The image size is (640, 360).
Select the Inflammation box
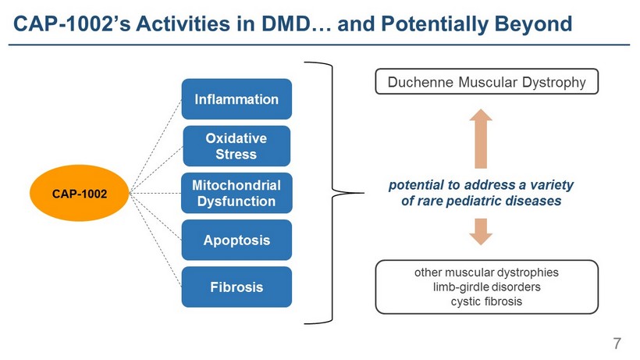[236, 99]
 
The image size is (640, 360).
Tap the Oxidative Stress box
[236, 146]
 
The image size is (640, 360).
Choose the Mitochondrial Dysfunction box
[236, 193]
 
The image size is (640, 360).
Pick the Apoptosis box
[236, 240]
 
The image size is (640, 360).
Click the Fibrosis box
[236, 287]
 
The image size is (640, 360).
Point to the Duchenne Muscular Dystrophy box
[487, 81]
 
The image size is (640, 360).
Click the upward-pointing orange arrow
[481, 137]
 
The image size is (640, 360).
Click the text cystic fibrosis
[486, 301]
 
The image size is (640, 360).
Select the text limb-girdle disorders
[486, 287]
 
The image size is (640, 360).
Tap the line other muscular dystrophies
[486, 273]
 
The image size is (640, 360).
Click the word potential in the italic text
[418, 185]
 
